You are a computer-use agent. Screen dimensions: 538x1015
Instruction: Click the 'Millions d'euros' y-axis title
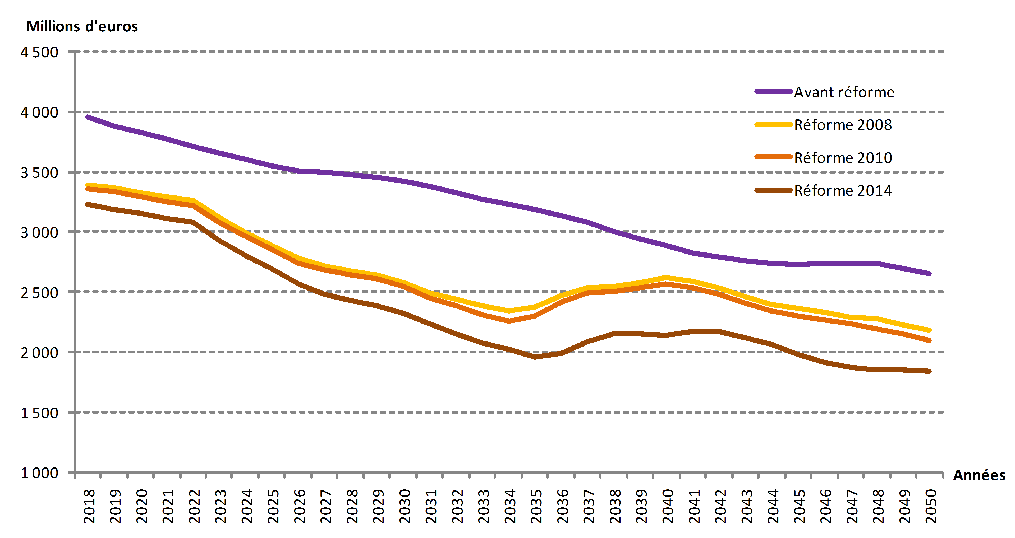tap(82, 26)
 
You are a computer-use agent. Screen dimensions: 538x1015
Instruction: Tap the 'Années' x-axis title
tap(979, 475)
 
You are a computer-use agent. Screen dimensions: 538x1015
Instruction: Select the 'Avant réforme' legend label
tap(844, 92)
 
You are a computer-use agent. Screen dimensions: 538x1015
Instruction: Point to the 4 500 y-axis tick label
tap(39, 52)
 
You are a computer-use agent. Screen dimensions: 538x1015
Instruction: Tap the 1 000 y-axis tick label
tap(39, 473)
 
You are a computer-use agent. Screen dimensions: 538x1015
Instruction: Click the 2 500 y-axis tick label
tap(39, 292)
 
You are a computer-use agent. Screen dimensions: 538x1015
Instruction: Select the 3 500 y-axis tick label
tap(39, 172)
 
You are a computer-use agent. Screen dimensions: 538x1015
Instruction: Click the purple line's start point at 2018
tap(88, 117)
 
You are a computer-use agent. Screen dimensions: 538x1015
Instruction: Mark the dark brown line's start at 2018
tap(88, 204)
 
